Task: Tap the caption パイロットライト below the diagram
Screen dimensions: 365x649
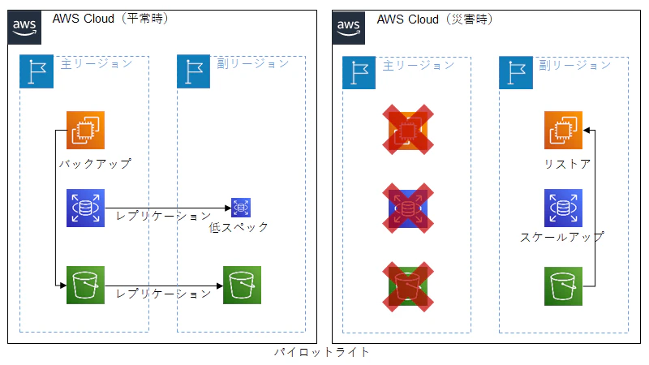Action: point(322,352)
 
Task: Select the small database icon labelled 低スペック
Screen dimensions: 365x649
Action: point(241,208)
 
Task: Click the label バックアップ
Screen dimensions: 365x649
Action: point(95,164)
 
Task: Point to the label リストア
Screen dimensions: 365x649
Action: point(567,165)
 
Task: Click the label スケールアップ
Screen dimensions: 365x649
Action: point(562,238)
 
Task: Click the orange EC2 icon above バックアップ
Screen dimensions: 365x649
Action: point(85,130)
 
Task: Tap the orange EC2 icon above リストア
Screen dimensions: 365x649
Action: point(564,131)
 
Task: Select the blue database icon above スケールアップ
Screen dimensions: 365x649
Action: point(564,208)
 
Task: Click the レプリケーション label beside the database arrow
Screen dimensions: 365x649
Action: point(164,216)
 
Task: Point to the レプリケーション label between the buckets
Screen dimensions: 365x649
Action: point(164,293)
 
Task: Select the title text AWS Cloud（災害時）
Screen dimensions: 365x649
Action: point(435,19)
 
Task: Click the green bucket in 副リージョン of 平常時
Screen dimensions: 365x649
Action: point(243,286)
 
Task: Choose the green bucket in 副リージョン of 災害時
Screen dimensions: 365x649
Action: point(564,286)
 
